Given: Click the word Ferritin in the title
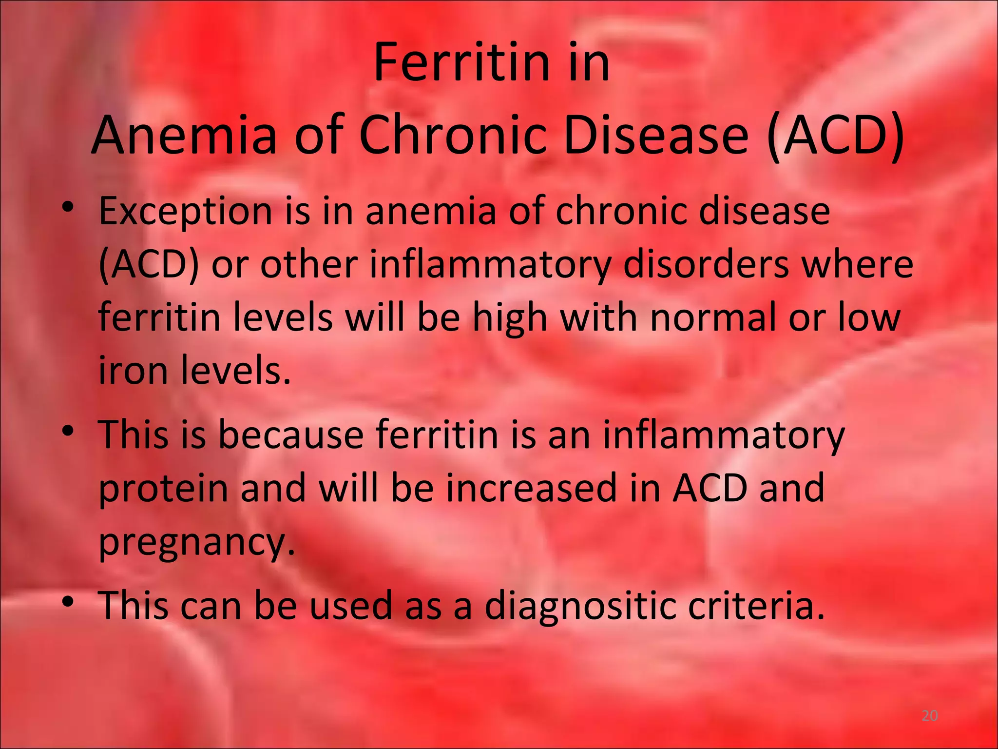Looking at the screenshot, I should (x=448, y=63).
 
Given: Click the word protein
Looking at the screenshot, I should (x=163, y=489).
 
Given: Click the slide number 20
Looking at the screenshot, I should (x=930, y=716).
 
